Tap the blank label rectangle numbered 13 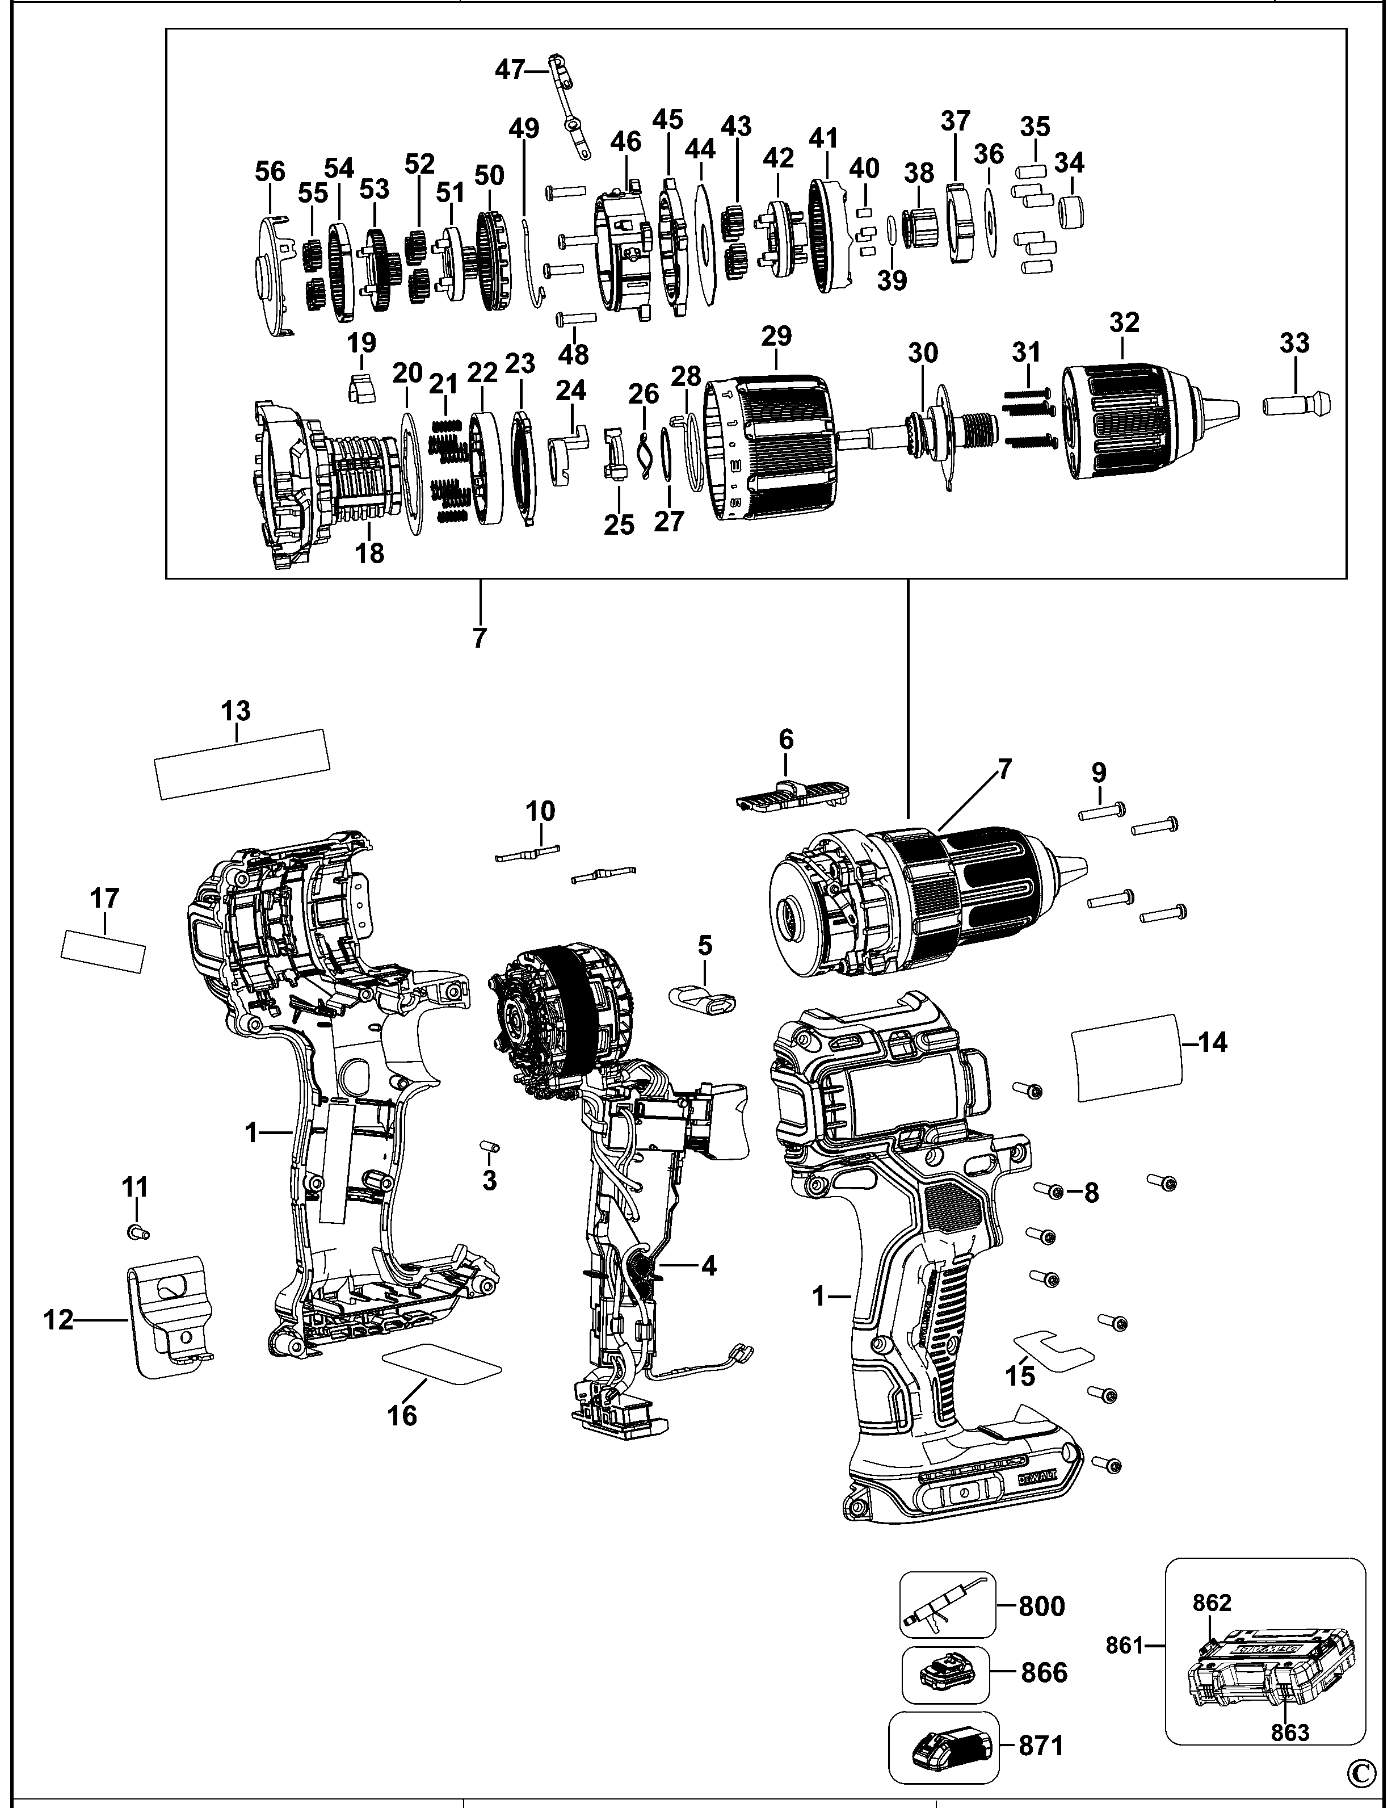pyautogui.click(x=242, y=764)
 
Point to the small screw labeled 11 pyautogui.click(x=137, y=1232)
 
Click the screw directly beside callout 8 pyautogui.click(x=1051, y=1190)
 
